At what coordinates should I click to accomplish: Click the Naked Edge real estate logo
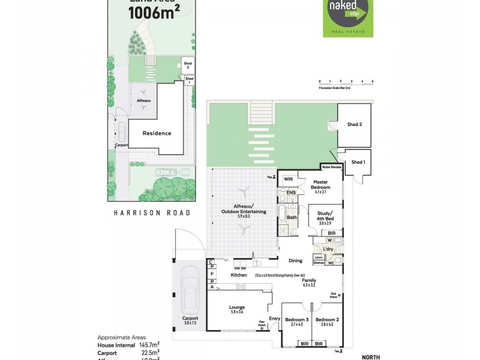coord(347,18)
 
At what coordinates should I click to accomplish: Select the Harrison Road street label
coord(152,213)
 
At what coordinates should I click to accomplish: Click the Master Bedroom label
coord(320,184)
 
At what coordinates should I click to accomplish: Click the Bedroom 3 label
coord(296,320)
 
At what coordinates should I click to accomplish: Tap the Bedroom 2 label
coord(328,320)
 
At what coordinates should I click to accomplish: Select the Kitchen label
coord(239,275)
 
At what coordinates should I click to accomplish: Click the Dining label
coord(295,260)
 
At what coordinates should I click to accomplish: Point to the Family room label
coord(309,280)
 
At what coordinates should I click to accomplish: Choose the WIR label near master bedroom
coord(287,179)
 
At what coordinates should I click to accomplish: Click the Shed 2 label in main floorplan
coord(355,125)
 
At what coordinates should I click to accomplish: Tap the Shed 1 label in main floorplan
coord(358,162)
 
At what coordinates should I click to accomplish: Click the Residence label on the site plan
coord(157,133)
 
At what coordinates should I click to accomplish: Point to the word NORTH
coord(370,357)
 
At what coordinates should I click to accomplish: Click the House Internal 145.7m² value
coord(148,345)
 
